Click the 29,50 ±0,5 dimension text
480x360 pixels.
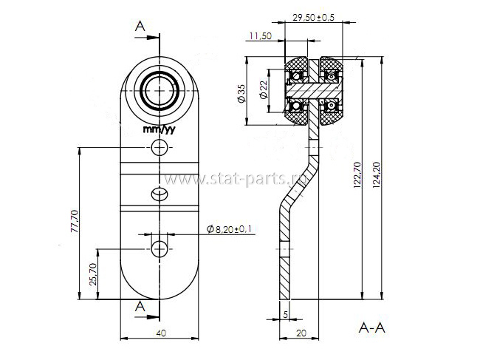tap(313, 18)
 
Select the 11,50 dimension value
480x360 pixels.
tap(260, 36)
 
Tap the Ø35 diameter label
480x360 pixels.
tap(241, 93)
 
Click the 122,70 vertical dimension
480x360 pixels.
tap(357, 174)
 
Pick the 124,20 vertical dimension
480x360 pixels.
tap(376, 174)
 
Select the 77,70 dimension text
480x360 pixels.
tap(75, 221)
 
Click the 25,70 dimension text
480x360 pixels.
tap(94, 274)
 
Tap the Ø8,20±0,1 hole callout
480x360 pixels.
tap(231, 229)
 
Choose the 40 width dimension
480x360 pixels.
tap(161, 333)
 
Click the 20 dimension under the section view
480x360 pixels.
tap(301, 333)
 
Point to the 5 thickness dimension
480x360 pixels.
tap(286, 314)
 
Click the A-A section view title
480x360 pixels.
tap(371, 328)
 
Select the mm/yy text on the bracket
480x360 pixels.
tap(160, 129)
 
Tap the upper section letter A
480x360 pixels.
tap(140, 27)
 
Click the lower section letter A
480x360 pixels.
tap(140, 306)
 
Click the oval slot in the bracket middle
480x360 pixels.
tap(160, 194)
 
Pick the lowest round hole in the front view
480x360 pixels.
tap(160, 249)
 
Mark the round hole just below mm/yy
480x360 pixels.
tap(160, 147)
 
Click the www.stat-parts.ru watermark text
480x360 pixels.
tap(236, 179)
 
